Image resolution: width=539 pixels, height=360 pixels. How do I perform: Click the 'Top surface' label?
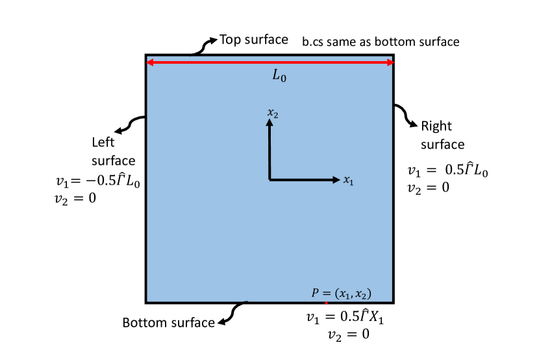click(x=253, y=40)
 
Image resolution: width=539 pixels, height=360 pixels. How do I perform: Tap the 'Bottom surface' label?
click(x=168, y=322)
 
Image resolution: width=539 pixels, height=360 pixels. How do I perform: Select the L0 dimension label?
click(x=279, y=76)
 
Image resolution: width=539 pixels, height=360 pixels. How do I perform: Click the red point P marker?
click(x=326, y=303)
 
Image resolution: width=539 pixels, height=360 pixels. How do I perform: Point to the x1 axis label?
click(x=349, y=180)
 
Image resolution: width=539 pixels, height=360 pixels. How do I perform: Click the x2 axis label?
click(x=273, y=113)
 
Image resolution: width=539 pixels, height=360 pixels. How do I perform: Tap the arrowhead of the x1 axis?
click(x=336, y=179)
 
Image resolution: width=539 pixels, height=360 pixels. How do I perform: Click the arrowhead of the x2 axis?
click(x=269, y=123)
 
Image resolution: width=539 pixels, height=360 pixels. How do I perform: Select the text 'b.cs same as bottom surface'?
click(x=381, y=42)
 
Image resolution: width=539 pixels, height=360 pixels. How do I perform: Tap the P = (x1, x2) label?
click(x=342, y=292)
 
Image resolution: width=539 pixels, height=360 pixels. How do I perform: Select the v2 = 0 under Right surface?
click(x=428, y=188)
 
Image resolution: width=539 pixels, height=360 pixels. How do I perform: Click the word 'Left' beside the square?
click(x=103, y=142)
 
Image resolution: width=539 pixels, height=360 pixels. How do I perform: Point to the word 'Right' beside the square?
click(x=436, y=126)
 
